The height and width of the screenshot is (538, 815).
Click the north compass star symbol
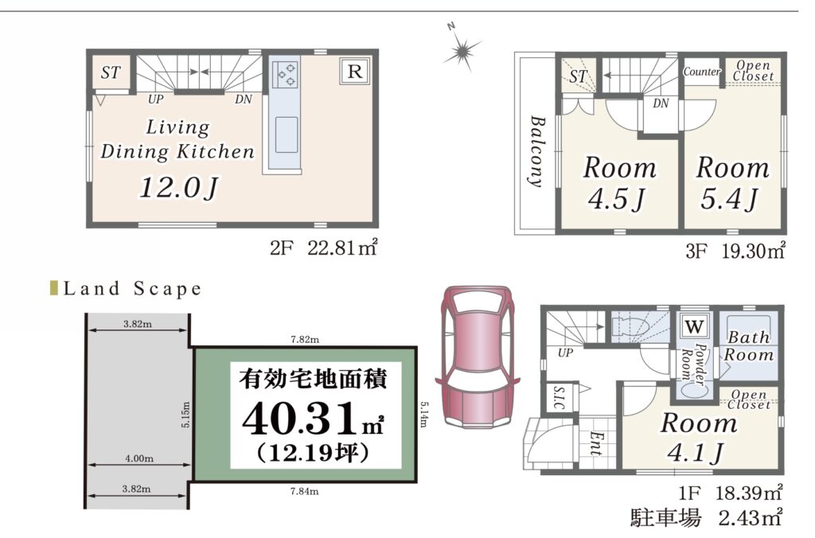tap(462, 50)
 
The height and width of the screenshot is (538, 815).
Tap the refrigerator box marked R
tap(355, 71)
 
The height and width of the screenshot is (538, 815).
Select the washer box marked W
tap(694, 327)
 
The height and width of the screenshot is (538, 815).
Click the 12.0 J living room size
tap(178, 187)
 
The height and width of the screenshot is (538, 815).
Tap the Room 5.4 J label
tap(732, 183)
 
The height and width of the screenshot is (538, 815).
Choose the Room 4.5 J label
tap(619, 183)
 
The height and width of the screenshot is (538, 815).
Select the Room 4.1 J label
tap(698, 437)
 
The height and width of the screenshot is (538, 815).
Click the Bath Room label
tap(748, 346)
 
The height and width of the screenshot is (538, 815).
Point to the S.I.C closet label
tap(560, 397)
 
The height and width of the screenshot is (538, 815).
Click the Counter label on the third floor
tap(702, 71)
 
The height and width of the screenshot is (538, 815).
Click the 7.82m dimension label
tap(305, 340)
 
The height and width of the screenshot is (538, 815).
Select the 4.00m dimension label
tap(139, 458)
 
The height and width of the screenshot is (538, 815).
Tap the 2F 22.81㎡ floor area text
tap(323, 248)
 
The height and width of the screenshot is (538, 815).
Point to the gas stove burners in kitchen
tap(285, 74)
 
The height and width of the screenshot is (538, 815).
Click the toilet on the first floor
tap(630, 327)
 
